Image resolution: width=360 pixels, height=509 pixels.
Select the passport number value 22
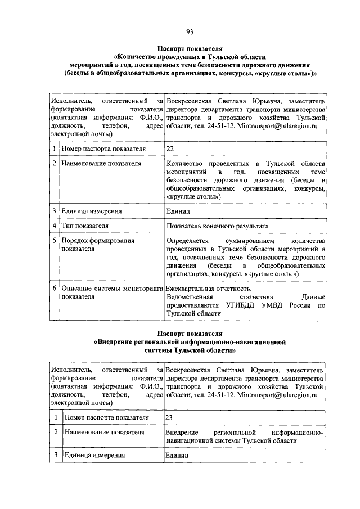(x=170, y=149)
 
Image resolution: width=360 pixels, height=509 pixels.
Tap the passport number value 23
(x=170, y=418)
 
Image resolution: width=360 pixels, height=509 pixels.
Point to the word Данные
(x=313, y=296)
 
